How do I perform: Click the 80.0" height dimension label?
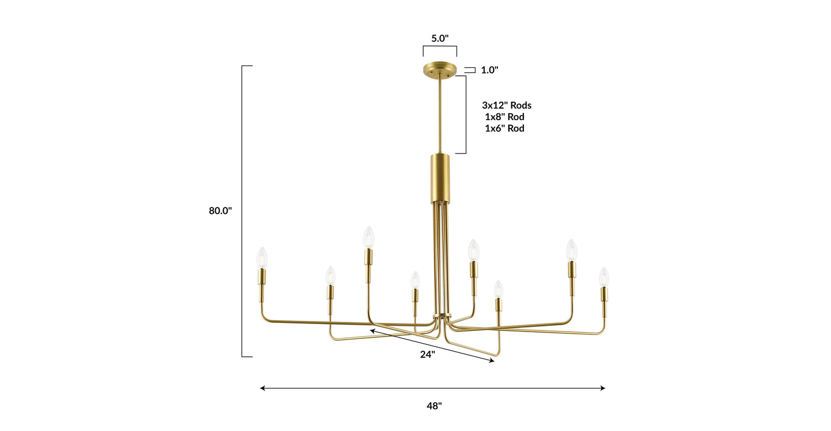click(220, 211)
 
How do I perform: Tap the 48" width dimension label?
click(435, 406)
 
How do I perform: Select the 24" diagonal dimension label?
click(427, 355)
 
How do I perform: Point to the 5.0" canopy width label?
click(440, 39)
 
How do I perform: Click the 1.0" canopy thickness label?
click(489, 70)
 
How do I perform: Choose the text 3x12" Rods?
click(507, 105)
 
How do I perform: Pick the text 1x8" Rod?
click(504, 117)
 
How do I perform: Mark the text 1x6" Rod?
click(504, 128)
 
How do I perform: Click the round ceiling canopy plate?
click(440, 70)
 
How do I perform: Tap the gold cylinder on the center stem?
click(441, 178)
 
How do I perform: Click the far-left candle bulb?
click(262, 258)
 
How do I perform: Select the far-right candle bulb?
click(604, 277)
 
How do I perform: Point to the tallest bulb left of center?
click(369, 237)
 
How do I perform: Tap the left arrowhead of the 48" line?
click(263, 388)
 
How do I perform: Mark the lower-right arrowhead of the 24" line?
click(491, 360)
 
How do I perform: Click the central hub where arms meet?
click(442, 317)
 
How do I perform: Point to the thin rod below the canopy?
click(441, 115)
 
